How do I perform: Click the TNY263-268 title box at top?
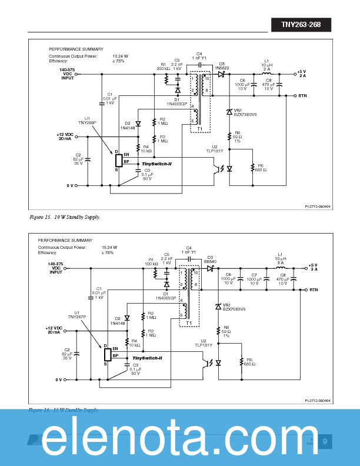[301, 25]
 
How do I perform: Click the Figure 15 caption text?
[65, 217]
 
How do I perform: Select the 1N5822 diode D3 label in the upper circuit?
[222, 66]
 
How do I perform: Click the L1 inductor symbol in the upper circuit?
[266, 74]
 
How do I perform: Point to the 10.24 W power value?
[121, 55]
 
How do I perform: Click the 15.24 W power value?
[110, 247]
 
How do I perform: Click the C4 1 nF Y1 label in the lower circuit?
[189, 250]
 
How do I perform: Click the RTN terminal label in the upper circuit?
[302, 95]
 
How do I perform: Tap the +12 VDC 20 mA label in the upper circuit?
[65, 136]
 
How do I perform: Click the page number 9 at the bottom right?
[324, 441]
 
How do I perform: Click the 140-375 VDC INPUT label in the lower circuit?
[56, 268]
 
